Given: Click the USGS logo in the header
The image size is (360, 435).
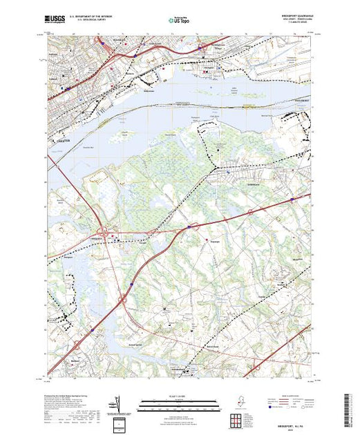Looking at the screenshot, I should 55,20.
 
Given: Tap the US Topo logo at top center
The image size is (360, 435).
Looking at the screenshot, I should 179,21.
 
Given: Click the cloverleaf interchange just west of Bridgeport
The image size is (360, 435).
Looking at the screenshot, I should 104,233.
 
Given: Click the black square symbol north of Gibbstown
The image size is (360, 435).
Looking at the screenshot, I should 220,149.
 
